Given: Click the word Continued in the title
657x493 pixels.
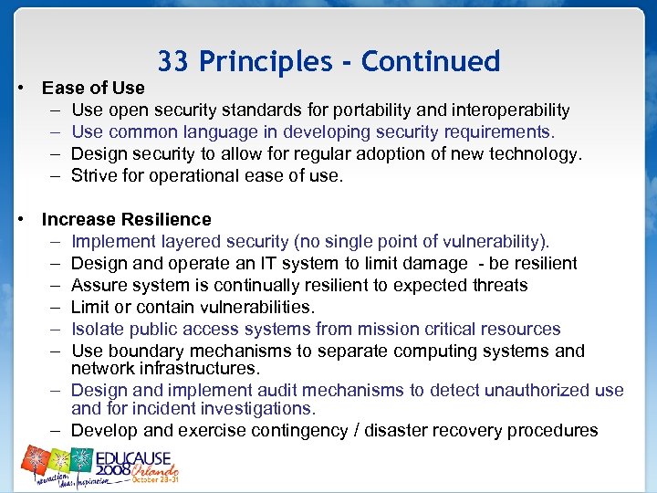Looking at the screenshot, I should click(x=431, y=61).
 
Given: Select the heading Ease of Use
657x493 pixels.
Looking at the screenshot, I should click(x=93, y=88).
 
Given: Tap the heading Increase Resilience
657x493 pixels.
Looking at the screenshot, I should click(x=126, y=219).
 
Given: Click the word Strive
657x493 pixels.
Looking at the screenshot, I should click(x=95, y=176).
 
